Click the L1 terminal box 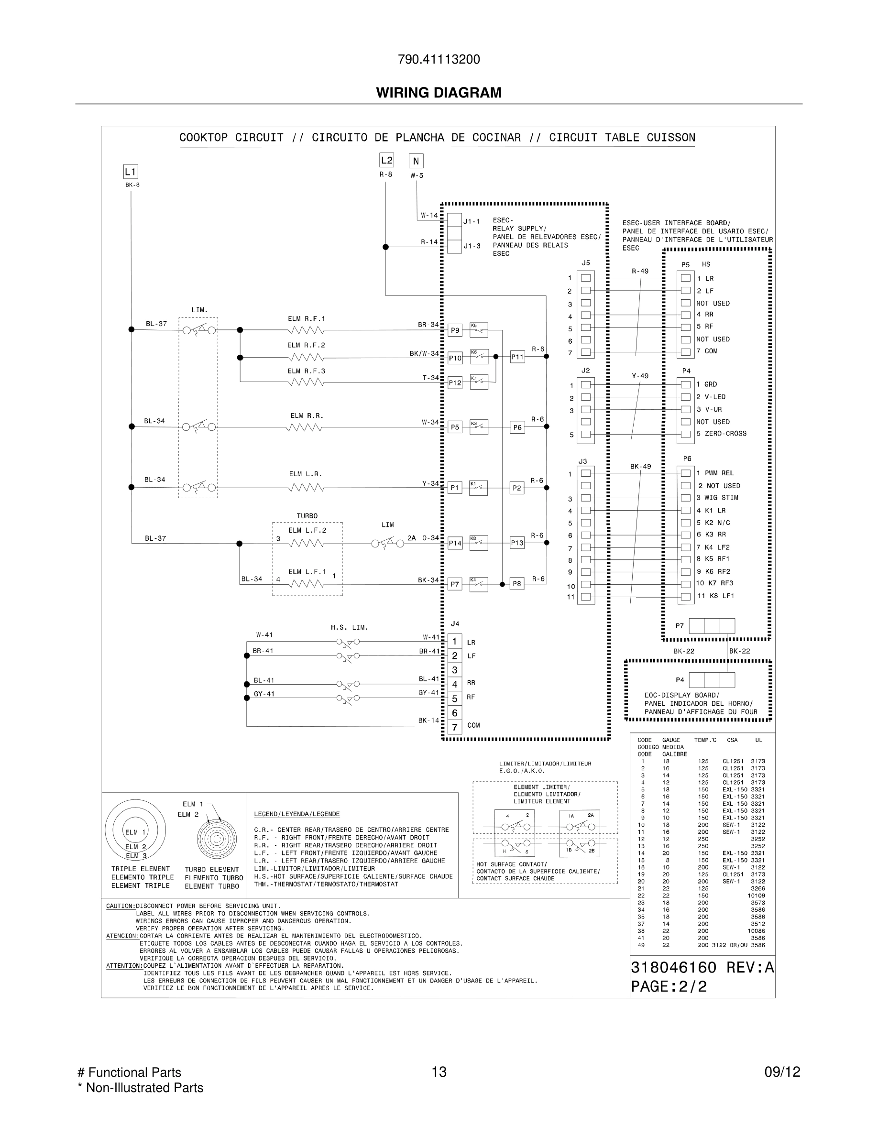click(130, 172)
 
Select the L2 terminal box click(386, 160)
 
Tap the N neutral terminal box click(416, 161)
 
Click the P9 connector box click(455, 330)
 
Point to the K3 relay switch click(479, 427)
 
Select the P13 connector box click(517, 543)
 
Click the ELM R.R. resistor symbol click(304, 427)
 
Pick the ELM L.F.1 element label click(307, 572)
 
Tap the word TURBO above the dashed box click(307, 516)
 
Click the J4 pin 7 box click(455, 727)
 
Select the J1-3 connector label click(472, 246)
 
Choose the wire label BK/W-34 click(424, 354)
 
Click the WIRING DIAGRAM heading click(439, 93)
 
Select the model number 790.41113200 click(439, 59)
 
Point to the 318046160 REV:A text click(702, 968)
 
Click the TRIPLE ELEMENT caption click(141, 869)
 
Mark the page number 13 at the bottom click(439, 1072)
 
